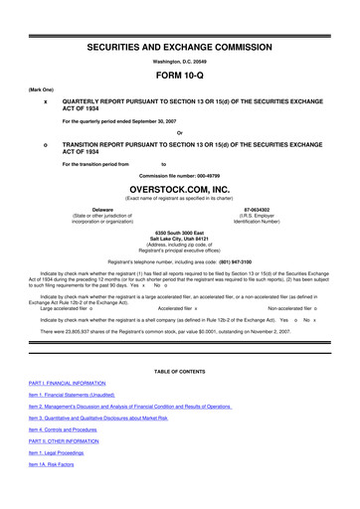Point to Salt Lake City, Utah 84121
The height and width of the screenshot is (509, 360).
tap(179, 240)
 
